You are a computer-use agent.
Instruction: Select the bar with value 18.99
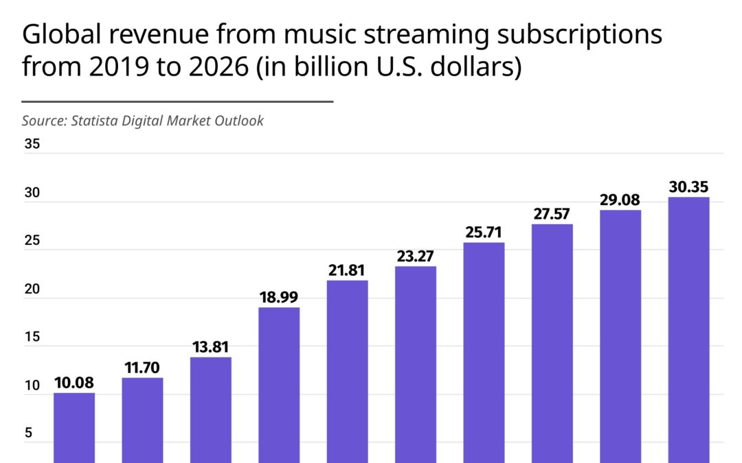coord(279,384)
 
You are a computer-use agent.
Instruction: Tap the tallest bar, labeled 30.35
coord(688,329)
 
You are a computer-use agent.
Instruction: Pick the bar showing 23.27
coord(416,364)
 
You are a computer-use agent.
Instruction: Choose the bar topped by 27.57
coord(552,343)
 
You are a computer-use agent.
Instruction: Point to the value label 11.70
coord(143,368)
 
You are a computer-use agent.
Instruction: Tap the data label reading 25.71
coord(484,233)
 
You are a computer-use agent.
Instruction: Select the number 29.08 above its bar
coord(620,200)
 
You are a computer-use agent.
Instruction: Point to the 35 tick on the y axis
coord(31,145)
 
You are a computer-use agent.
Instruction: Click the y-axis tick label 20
coord(31,289)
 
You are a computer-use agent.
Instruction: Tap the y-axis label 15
coord(31,337)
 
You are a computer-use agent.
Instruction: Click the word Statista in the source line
coord(93,121)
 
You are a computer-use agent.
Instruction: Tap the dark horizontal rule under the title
coord(177,102)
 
